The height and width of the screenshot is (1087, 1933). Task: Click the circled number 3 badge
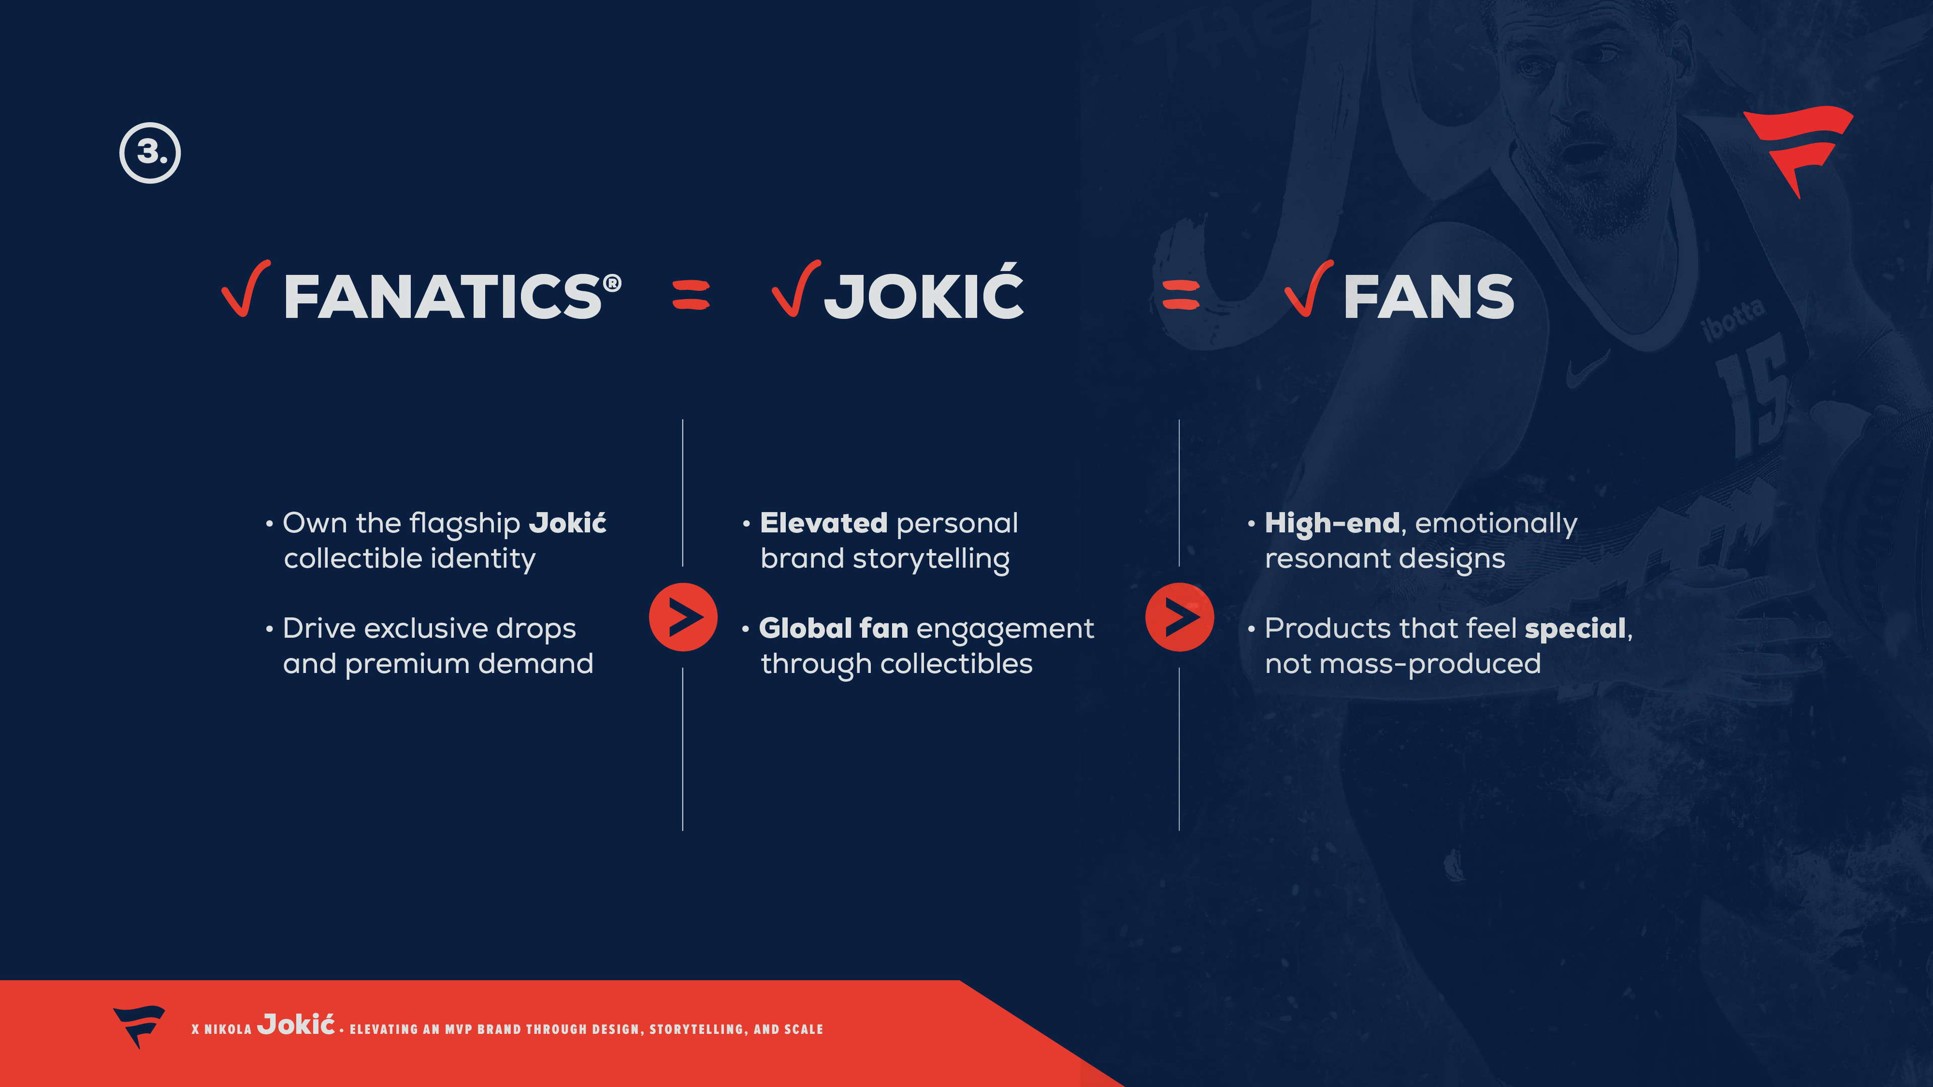pos(150,153)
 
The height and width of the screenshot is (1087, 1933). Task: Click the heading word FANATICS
pos(443,296)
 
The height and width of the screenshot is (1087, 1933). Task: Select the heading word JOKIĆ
pos(924,295)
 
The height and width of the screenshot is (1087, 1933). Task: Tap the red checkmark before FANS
pos(1309,289)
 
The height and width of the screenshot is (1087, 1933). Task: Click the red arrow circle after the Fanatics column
pos(683,616)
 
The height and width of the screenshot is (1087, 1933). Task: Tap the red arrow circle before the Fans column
pos(1179,616)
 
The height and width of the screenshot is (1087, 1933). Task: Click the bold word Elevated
pos(823,523)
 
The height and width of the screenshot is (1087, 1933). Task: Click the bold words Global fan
pos(833,628)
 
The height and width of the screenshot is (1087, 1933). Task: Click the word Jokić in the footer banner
pos(295,1024)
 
